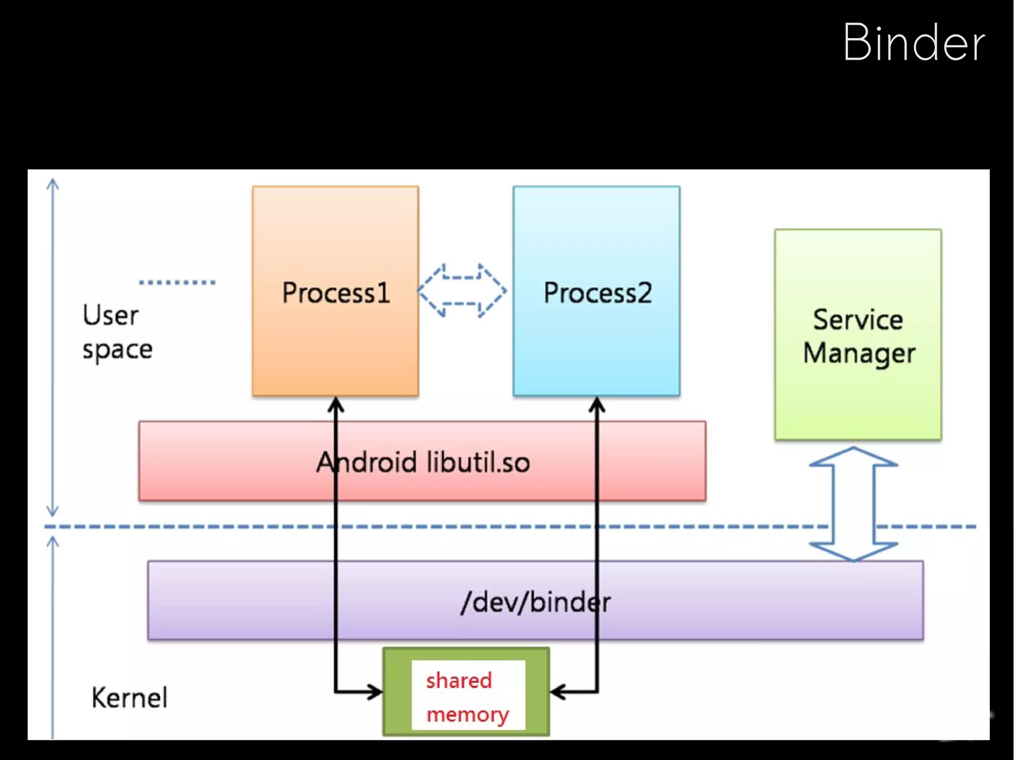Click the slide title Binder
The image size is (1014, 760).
point(914,43)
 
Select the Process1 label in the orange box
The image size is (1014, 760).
point(336,293)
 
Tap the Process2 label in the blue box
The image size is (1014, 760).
point(597,293)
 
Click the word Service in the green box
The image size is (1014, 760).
point(858,319)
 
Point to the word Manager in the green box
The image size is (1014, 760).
point(859,354)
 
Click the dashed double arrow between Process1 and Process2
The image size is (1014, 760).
point(461,291)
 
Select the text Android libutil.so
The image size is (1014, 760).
point(423,462)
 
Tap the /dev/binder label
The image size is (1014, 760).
point(535,602)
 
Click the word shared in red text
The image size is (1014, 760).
point(458,680)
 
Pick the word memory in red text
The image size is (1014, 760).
point(467,714)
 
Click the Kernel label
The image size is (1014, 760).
point(129,698)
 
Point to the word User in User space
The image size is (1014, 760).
point(110,315)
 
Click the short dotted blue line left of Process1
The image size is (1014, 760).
point(177,283)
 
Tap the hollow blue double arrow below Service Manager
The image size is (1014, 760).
point(854,504)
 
